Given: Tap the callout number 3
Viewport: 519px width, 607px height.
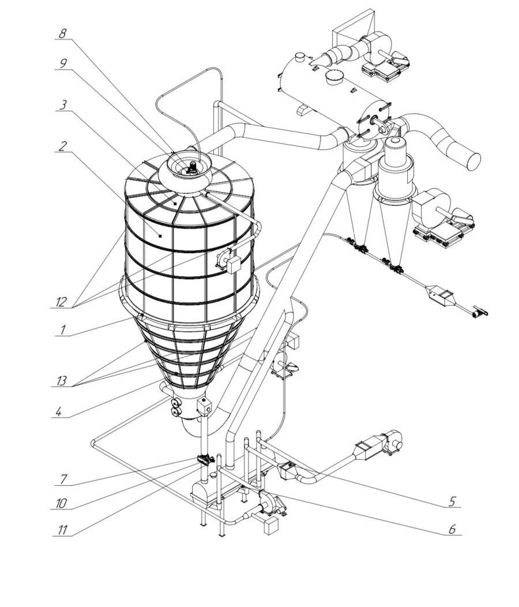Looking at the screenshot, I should [x=63, y=105].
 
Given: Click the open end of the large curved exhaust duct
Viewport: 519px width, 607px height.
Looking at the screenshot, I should [x=472, y=160].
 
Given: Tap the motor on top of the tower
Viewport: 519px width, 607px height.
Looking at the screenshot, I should [x=191, y=167].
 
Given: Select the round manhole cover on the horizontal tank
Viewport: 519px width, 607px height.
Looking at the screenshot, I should [x=334, y=77].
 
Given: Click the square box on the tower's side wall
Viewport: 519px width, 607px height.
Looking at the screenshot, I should [x=233, y=265].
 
